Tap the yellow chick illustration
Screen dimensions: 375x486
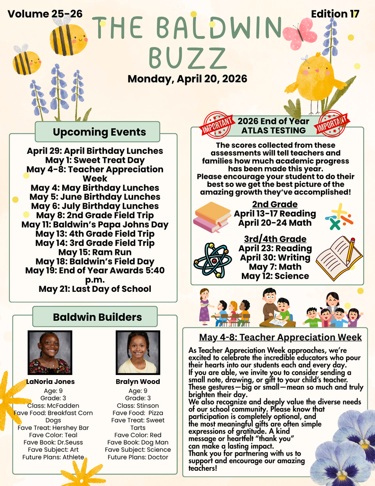[x=315, y=79]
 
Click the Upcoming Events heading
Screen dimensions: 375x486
[x=99, y=131]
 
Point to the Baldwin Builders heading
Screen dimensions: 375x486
[x=97, y=317]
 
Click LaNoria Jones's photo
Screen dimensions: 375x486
[x=50, y=353]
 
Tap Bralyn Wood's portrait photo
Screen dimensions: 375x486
[x=137, y=353]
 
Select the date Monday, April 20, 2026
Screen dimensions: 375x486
[x=187, y=78]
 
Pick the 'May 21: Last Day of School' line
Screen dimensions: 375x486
[x=95, y=289]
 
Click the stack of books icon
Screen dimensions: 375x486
[x=211, y=217]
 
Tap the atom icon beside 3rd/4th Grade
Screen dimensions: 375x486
[x=212, y=260]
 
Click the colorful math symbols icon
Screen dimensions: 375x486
[x=338, y=216]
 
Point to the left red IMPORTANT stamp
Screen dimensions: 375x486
[x=218, y=124]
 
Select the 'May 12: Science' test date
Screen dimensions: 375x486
[x=275, y=276]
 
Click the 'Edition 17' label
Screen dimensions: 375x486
[x=335, y=14]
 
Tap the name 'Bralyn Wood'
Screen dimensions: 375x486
[x=137, y=382]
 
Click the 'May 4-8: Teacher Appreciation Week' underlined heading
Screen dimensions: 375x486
[x=280, y=337]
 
